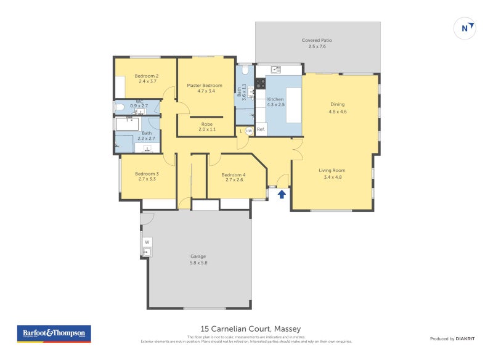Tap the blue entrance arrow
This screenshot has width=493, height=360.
tap(282, 195)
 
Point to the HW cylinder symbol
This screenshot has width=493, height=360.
tap(249, 131)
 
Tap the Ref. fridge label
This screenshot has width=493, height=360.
tap(261, 129)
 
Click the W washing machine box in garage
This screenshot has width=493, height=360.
tap(147, 242)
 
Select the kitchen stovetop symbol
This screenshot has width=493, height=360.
tap(260, 83)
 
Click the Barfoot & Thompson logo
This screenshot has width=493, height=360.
tap(53, 333)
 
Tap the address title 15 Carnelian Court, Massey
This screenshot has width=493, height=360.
tap(250, 329)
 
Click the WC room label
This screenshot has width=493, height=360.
tap(139, 104)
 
